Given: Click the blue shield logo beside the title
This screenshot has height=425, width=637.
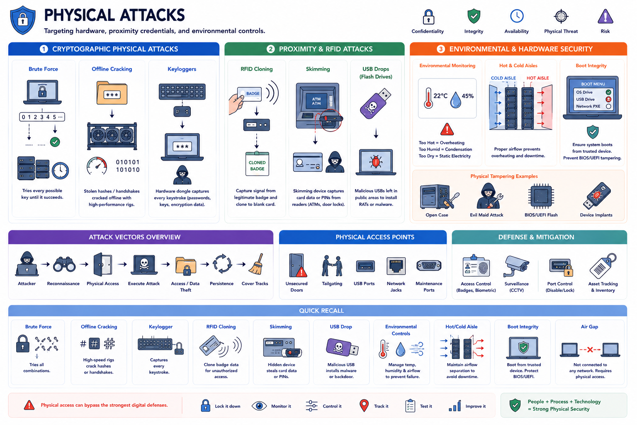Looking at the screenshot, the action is pyautogui.click(x=23, y=20).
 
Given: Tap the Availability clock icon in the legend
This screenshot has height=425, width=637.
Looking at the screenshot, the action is pyautogui.click(x=516, y=16).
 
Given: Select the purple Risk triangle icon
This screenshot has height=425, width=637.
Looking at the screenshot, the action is pyautogui.click(x=605, y=16).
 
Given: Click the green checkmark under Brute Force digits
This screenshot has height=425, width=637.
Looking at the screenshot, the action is pyautogui.click(x=55, y=142).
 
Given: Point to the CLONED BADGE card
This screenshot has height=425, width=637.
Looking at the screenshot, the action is pyautogui.click(x=257, y=164).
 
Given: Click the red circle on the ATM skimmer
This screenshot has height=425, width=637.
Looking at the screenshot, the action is pyautogui.click(x=330, y=120).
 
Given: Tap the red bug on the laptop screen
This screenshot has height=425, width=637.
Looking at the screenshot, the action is pyautogui.click(x=376, y=162).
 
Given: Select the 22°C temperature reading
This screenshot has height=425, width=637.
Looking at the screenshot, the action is pyautogui.click(x=440, y=96).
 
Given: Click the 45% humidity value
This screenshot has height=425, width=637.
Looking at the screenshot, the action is pyautogui.click(x=467, y=96).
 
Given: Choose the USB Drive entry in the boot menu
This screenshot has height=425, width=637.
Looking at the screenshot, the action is pyautogui.click(x=585, y=99).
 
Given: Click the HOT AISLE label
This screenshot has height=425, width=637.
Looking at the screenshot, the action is pyautogui.click(x=537, y=78).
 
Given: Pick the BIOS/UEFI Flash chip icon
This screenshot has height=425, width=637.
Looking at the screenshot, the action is pyautogui.click(x=541, y=196).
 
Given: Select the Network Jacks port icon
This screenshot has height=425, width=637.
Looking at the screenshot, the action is pyautogui.click(x=396, y=266).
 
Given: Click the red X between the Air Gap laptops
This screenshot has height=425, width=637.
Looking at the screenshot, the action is pyautogui.click(x=590, y=349).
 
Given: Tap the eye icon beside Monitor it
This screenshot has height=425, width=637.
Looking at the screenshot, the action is pyautogui.click(x=259, y=406).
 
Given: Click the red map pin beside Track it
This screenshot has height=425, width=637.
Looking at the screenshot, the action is pyautogui.click(x=364, y=405).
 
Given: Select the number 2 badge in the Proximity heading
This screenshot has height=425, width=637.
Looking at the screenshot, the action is pyautogui.click(x=270, y=49).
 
